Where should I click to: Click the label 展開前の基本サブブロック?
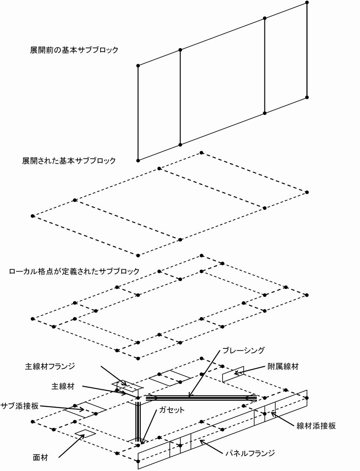point(74,50)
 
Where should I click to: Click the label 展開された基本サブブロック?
point(69,161)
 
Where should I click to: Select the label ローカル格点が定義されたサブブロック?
point(74,271)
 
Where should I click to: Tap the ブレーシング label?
point(243,350)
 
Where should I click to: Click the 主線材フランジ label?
point(50,366)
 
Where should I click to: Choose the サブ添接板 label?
point(19,406)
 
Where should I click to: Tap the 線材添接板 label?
point(316,426)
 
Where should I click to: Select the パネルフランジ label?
point(250,453)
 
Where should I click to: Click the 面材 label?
point(41,457)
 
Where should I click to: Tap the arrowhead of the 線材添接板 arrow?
point(271,412)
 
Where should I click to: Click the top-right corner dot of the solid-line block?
point(307,3)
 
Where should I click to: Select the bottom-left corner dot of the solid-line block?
point(138,161)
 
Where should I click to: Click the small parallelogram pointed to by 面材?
point(85,433)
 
